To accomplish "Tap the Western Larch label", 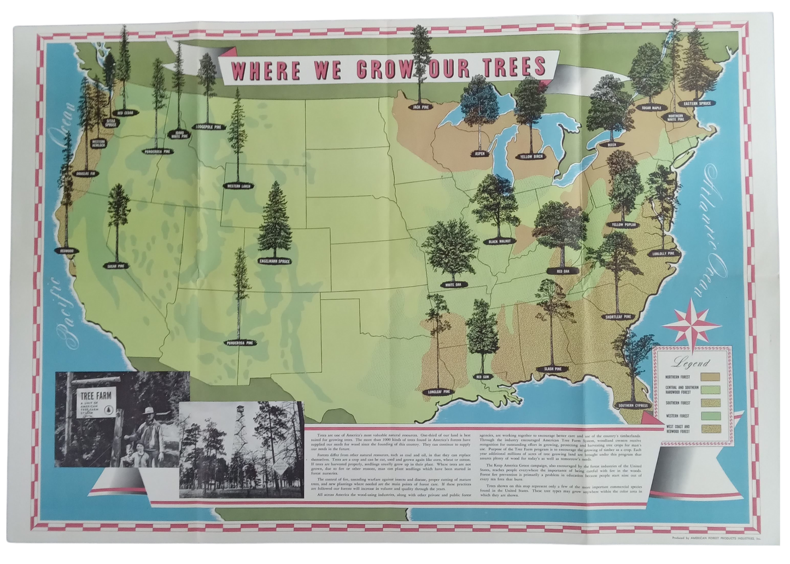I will [238, 186].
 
